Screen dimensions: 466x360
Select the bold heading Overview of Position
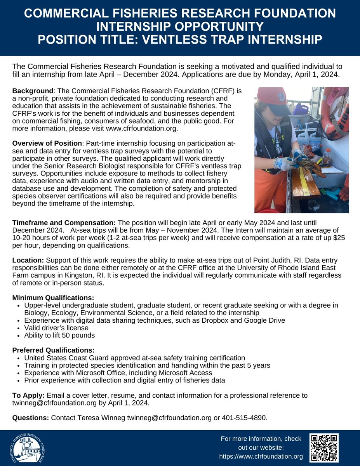[47, 143]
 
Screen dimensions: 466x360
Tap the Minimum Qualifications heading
[53, 298]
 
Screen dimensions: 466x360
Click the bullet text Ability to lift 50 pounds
[59, 335]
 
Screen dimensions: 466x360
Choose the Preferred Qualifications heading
[53, 350]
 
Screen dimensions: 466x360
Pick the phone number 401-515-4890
[244, 418]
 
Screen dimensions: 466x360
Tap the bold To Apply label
[29, 395]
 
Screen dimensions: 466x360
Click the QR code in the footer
[324, 447]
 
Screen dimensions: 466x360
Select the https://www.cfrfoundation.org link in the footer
[261, 456]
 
